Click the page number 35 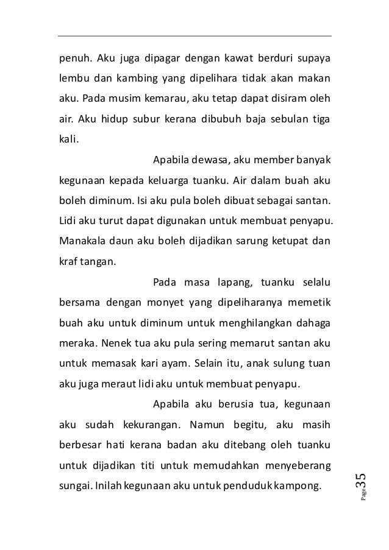[360, 481]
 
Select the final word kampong [305, 488]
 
